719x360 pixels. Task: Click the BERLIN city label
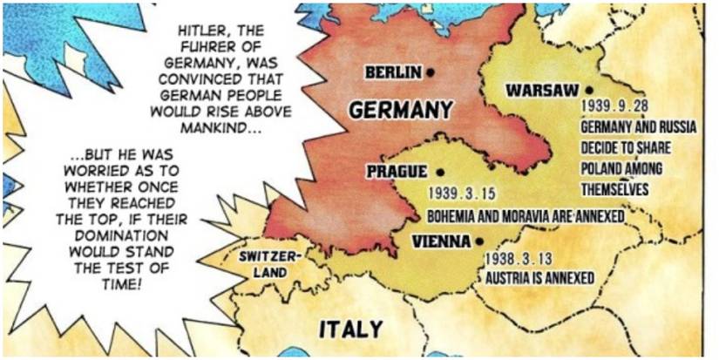tap(393, 72)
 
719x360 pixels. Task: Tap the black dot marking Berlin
tap(431, 72)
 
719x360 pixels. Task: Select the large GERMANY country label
tap(400, 110)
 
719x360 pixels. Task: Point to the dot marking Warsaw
tap(589, 90)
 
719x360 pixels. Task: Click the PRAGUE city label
tap(397, 172)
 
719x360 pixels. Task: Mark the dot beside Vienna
tap(479, 241)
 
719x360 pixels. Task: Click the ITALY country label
tap(350, 329)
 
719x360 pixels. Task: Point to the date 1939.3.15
tap(461, 193)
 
